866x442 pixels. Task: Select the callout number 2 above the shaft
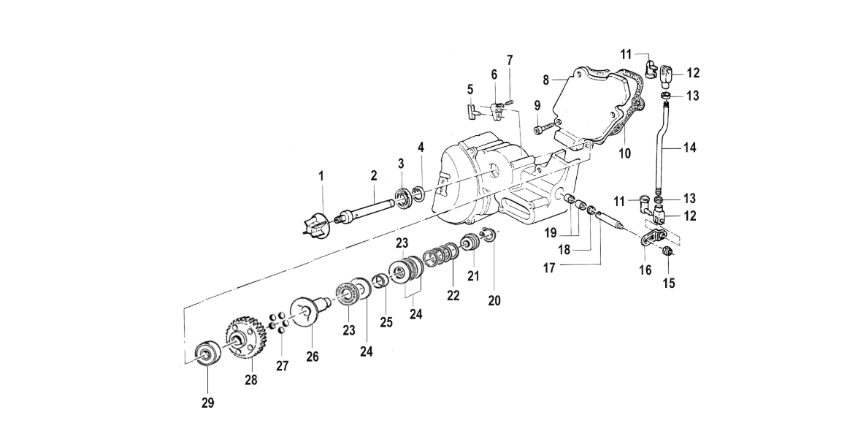pos(374,175)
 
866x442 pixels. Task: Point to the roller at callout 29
pos(207,352)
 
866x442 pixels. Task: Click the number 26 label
pos(313,357)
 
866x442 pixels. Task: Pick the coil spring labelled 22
pos(441,255)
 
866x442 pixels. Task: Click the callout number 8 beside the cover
pos(545,80)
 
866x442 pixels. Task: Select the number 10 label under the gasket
pos(624,153)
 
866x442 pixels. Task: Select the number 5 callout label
pos(470,89)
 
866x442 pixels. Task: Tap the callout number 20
pos(494,301)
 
